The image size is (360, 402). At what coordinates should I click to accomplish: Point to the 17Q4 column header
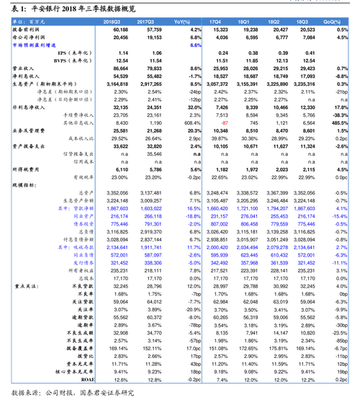tap(215, 23)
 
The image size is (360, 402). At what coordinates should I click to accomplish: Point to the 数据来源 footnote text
tap(72, 393)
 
